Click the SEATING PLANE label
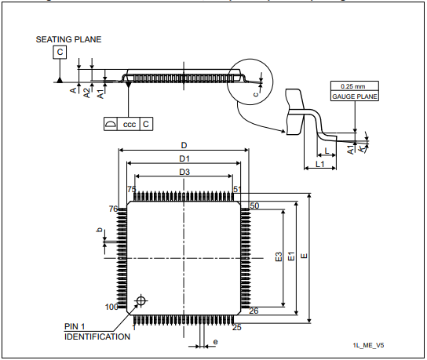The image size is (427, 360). [x=68, y=38]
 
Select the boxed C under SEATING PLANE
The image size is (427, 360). [x=60, y=53]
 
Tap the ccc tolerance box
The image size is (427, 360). [x=130, y=124]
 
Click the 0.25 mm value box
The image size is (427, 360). [x=354, y=86]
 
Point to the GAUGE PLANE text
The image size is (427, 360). [x=354, y=96]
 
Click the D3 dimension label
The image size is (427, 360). [x=184, y=173]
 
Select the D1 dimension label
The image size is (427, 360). [x=184, y=159]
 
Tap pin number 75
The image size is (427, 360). [x=131, y=189]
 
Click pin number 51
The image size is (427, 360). [x=236, y=189]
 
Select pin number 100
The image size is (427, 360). [x=112, y=307]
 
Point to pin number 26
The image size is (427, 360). [x=254, y=311]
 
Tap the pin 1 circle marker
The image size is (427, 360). [x=141, y=300]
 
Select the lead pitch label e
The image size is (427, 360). [x=215, y=343]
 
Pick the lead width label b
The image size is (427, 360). [x=98, y=231]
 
